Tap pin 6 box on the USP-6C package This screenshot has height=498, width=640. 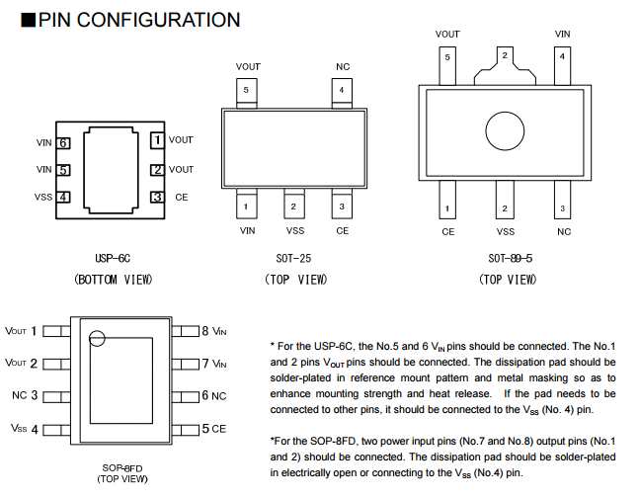[63, 142]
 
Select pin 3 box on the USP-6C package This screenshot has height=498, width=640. [156, 197]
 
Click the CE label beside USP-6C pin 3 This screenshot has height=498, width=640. [181, 197]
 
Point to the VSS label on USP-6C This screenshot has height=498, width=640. [43, 197]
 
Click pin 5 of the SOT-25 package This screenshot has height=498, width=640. [247, 90]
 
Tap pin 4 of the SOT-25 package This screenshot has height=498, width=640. [342, 90]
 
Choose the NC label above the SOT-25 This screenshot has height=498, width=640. [343, 67]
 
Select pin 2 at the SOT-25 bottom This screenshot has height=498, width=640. [293, 207]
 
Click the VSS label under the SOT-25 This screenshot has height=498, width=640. [294, 230]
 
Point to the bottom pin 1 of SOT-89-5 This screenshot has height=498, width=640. [447, 208]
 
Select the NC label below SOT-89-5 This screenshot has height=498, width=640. [563, 231]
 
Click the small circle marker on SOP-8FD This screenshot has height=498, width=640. [96, 339]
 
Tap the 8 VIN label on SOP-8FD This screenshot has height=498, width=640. [214, 331]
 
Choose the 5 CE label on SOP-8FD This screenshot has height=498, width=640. [214, 429]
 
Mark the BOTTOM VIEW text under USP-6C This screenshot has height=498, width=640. [114, 280]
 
